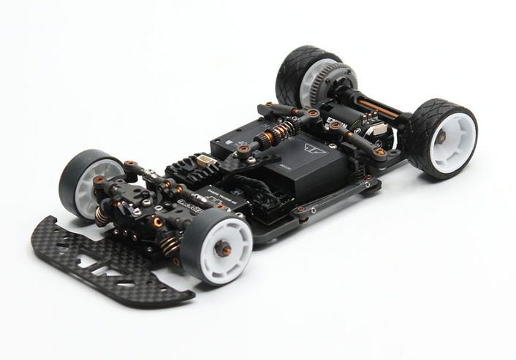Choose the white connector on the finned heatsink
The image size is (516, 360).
pos(207,163)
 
